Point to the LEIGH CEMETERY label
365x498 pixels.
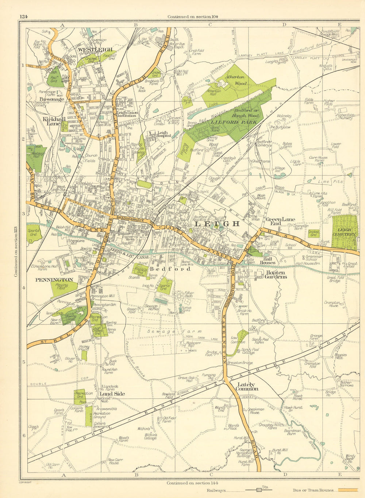pyautogui.click(x=344, y=232)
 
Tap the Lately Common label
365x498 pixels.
pyautogui.click(x=248, y=386)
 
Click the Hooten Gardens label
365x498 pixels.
pyautogui.click(x=276, y=274)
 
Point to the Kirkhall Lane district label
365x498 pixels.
pyautogui.click(x=51, y=121)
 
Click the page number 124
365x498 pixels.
pyautogui.click(x=24, y=16)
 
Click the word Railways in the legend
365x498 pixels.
pyautogui.click(x=216, y=490)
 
